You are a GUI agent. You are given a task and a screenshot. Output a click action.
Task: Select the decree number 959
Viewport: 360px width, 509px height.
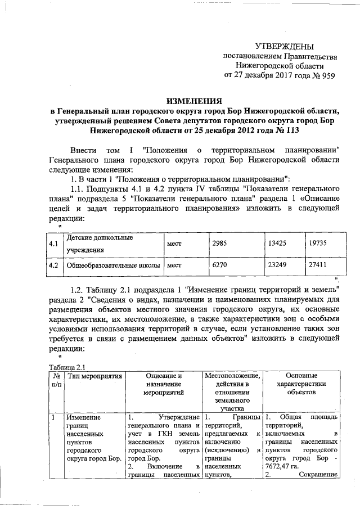[326, 75]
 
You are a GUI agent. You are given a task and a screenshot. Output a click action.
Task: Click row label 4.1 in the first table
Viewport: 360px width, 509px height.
[54, 244]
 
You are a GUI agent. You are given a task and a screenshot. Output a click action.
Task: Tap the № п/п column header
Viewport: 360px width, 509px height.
[55, 380]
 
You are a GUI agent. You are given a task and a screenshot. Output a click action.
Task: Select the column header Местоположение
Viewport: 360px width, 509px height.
[231, 376]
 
